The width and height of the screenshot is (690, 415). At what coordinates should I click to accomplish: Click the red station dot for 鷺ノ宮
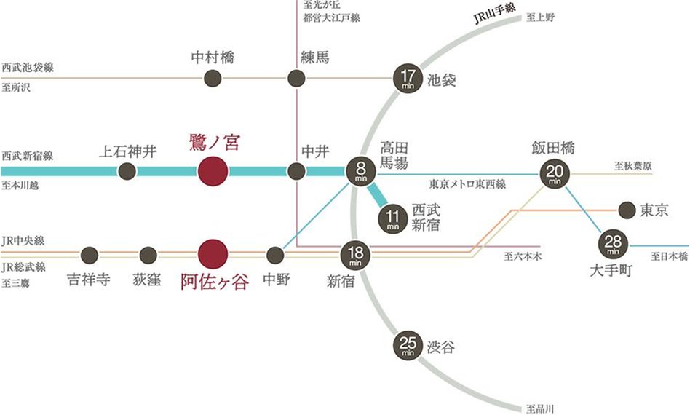[213, 172]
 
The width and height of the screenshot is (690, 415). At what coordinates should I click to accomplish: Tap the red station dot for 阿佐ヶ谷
[213, 254]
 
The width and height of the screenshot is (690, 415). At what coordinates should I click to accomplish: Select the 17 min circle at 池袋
[407, 78]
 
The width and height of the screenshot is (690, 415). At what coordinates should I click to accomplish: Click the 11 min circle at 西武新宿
[393, 218]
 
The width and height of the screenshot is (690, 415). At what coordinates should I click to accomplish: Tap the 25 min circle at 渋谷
[407, 344]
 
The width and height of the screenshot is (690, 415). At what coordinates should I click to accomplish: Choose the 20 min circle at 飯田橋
[554, 174]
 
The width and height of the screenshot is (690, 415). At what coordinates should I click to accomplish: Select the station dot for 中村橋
[213, 78]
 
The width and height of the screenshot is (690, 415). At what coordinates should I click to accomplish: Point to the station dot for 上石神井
[127, 172]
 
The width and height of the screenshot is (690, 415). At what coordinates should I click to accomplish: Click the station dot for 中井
[296, 172]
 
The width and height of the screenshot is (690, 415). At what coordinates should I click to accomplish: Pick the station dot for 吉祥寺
[90, 255]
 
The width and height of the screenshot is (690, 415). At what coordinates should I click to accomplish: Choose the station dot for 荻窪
[148, 255]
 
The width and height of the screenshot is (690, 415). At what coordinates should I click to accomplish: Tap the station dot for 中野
[275, 255]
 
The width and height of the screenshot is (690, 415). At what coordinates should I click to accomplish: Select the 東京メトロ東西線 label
[467, 184]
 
